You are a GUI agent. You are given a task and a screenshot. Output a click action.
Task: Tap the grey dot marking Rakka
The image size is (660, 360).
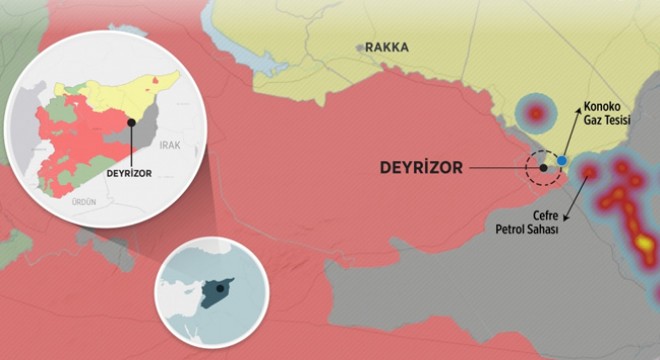(360, 47)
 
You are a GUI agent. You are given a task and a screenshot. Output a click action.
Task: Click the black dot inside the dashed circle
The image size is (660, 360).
(543, 168)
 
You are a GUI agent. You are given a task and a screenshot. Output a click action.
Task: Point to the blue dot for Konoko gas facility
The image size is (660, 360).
(562, 160)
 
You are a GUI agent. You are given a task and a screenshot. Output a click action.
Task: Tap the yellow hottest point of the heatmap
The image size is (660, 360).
(645, 243)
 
